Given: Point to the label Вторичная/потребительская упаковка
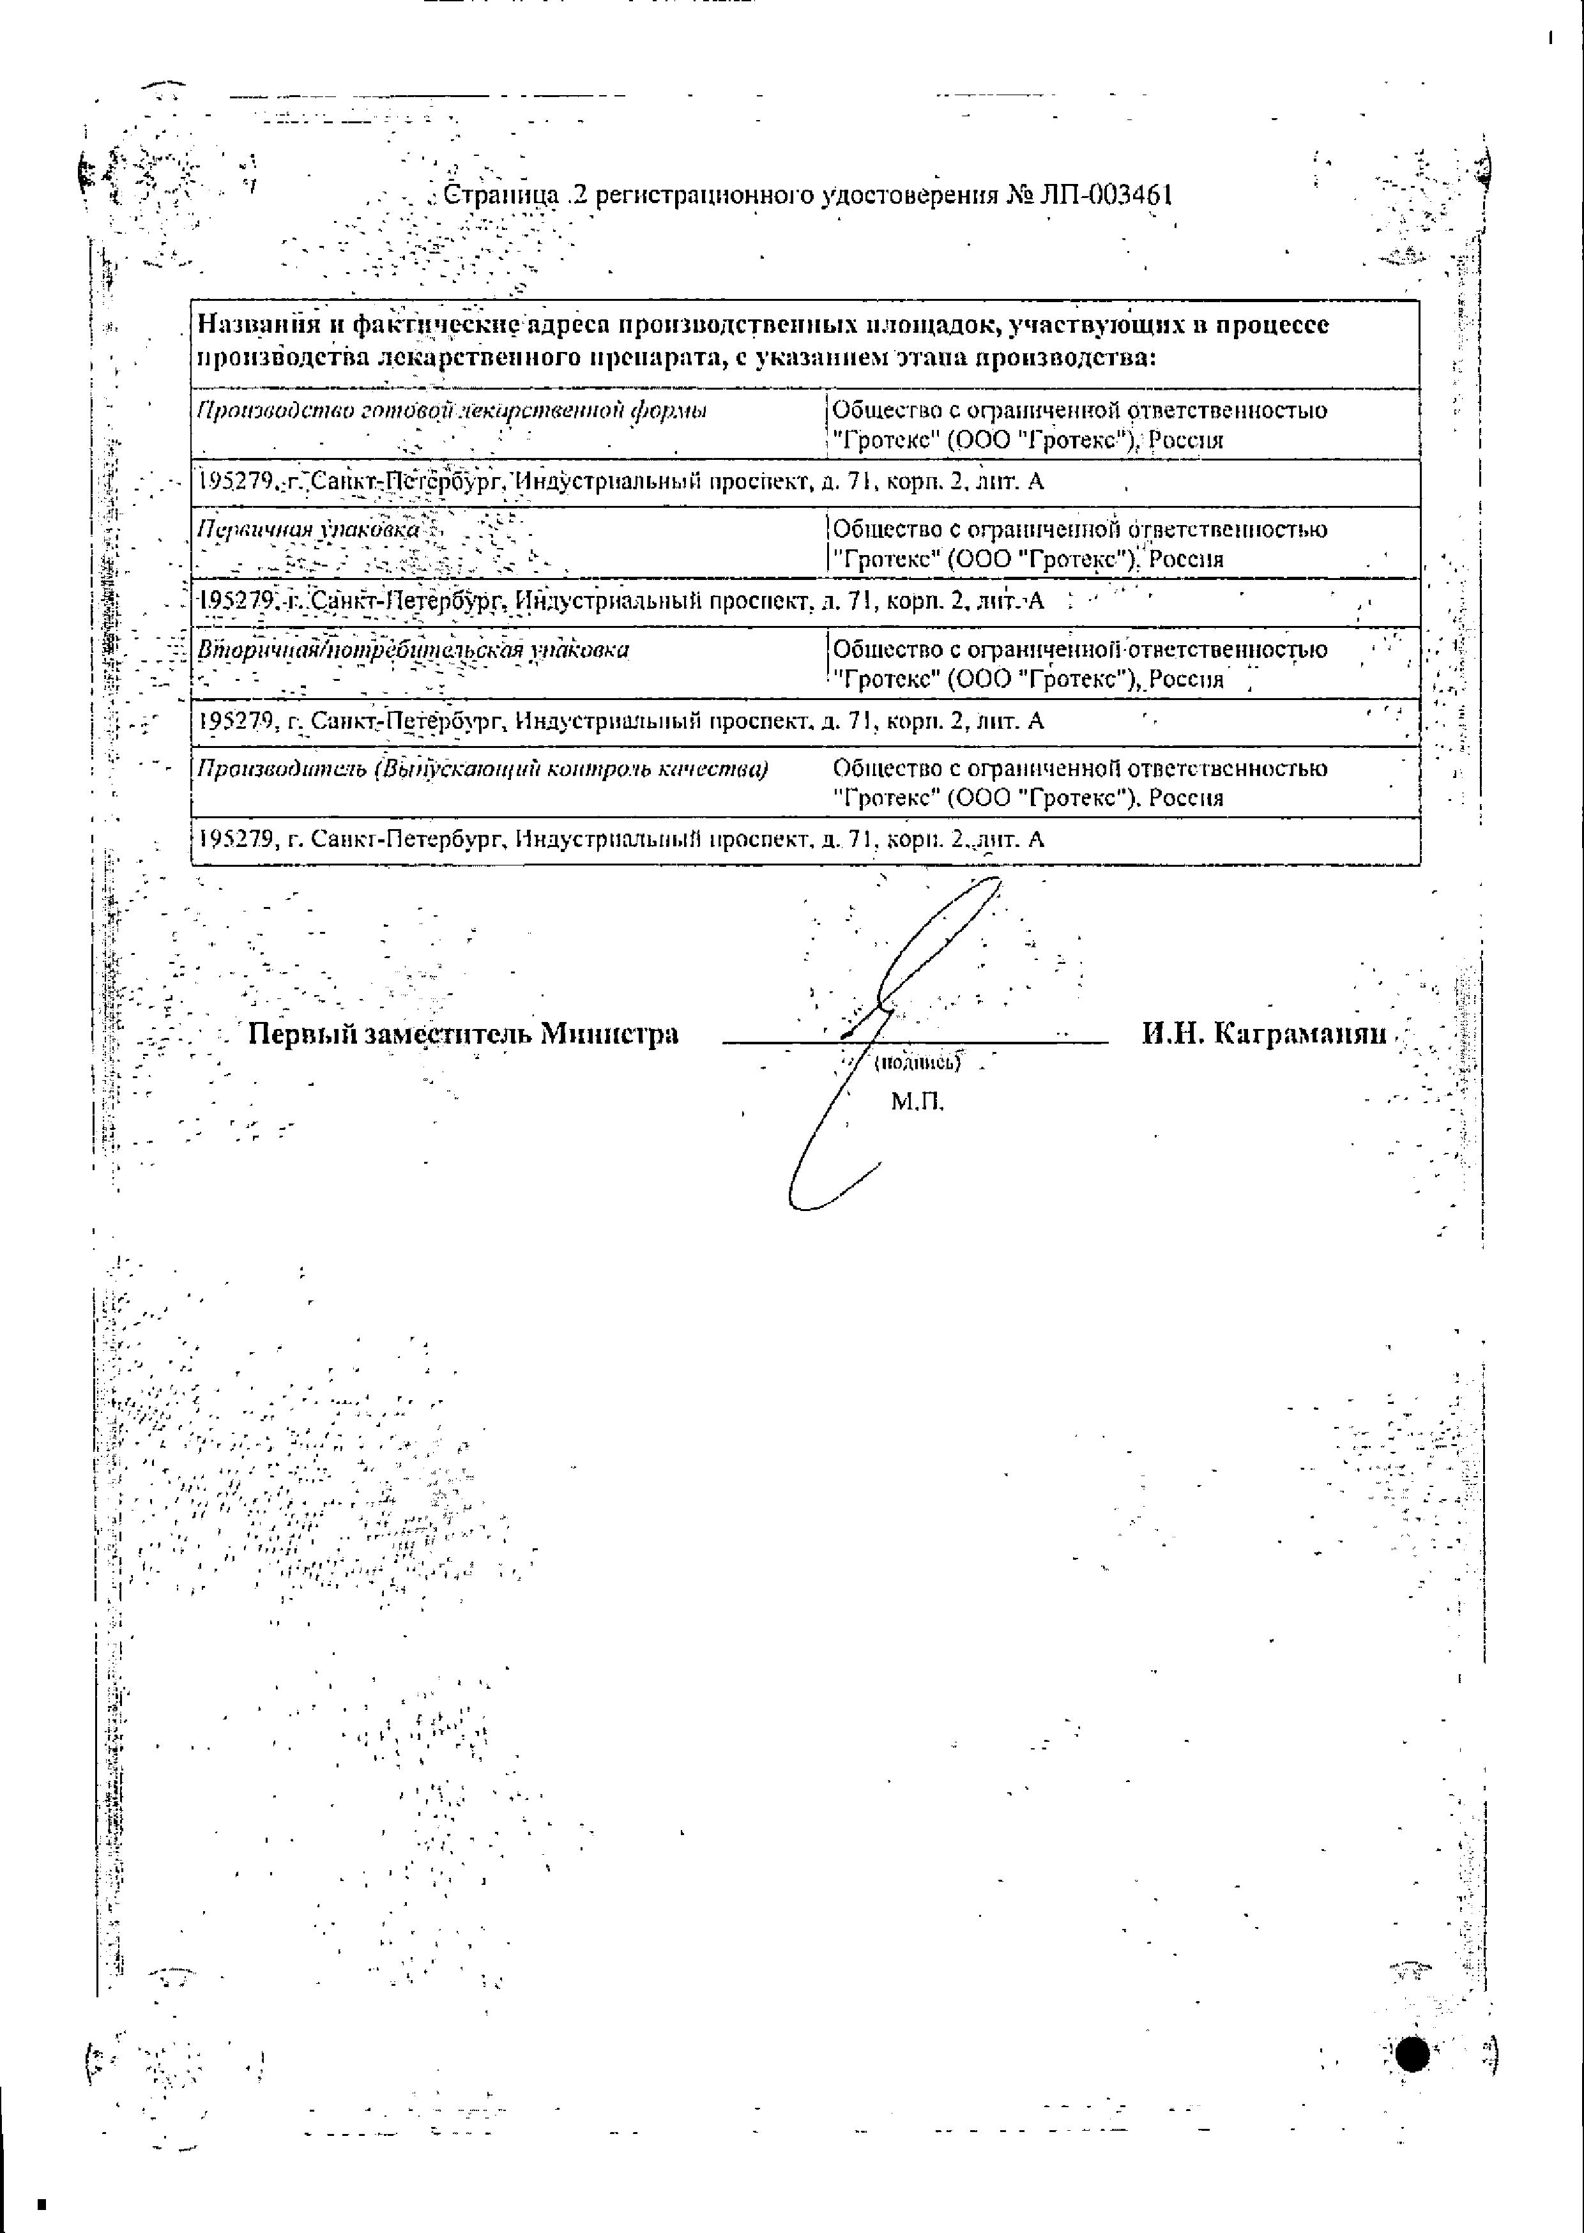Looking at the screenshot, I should pyautogui.click(x=413, y=650).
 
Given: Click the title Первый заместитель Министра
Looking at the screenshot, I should pyautogui.click(x=463, y=1033).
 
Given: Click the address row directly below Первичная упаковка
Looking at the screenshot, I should pyautogui.click(x=620, y=602).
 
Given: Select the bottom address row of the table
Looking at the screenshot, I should pyautogui.click(x=620, y=839).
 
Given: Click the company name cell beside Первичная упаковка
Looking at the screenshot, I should pyautogui.click(x=1079, y=544).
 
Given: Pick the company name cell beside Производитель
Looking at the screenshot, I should pyautogui.click(x=1079, y=783).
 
